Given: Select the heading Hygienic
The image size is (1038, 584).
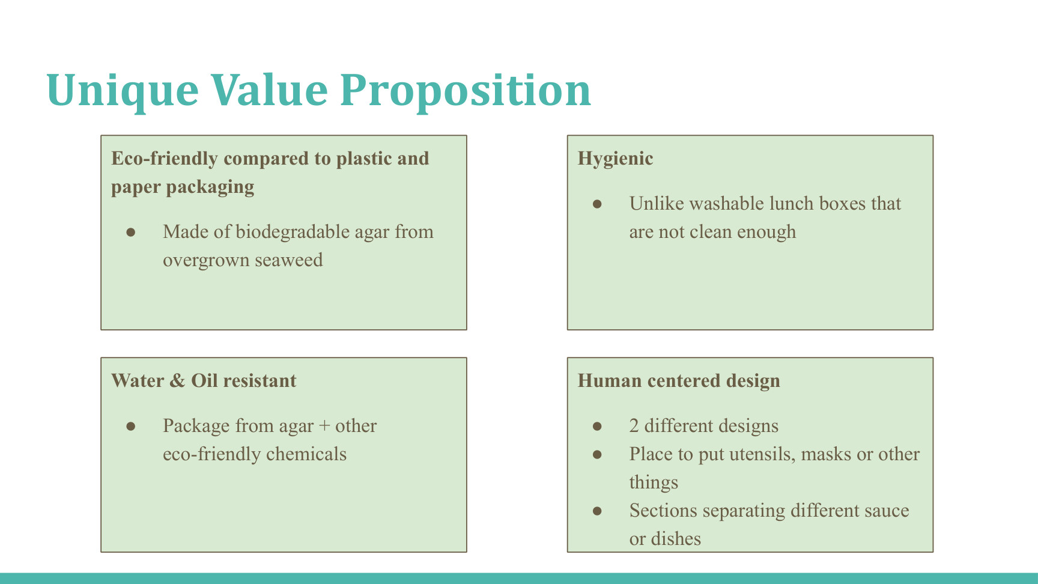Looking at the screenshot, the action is (x=615, y=159).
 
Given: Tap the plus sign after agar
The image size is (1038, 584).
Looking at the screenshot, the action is (x=324, y=427).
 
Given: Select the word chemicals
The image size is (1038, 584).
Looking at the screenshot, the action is (x=306, y=454).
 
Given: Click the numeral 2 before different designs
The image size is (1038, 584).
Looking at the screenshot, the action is (x=634, y=426).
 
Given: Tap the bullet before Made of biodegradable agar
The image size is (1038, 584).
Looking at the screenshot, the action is (x=131, y=233).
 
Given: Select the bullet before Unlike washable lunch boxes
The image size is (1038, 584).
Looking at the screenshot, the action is (x=597, y=204).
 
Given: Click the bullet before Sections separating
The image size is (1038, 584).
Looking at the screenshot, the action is (x=597, y=511).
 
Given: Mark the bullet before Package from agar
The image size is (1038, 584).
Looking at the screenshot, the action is (x=131, y=427).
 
